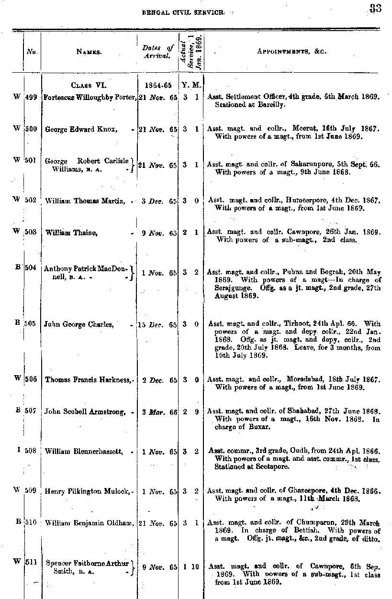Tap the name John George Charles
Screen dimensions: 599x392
[x=79, y=324]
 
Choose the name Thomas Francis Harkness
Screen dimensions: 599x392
[x=88, y=380]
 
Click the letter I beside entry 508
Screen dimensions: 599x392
[x=18, y=450]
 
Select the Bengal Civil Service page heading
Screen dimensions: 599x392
[x=183, y=13]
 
